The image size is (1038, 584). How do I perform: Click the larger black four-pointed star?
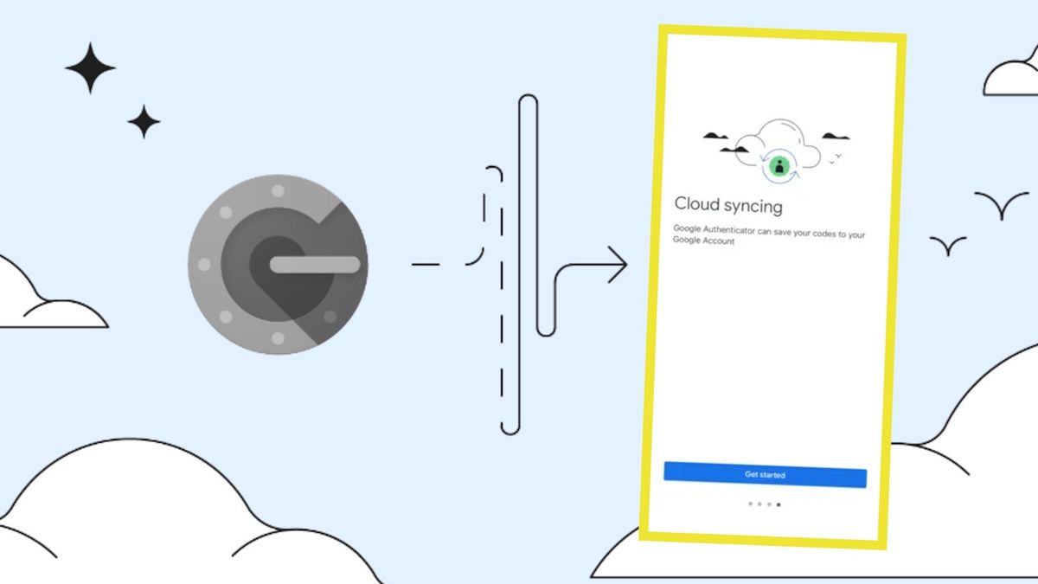tap(90, 68)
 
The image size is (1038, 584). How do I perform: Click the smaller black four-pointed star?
tap(144, 122)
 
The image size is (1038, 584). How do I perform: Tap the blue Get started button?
tap(765, 475)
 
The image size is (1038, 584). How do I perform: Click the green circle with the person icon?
tap(779, 166)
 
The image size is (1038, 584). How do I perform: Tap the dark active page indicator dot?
tap(778, 504)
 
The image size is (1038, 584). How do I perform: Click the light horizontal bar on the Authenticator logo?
tap(315, 265)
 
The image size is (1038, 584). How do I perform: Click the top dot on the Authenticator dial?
tap(278, 190)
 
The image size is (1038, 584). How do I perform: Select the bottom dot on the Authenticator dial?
tap(278, 338)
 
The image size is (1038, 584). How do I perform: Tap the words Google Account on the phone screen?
tap(703, 241)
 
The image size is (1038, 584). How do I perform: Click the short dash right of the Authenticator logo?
tap(426, 265)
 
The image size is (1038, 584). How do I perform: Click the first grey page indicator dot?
tap(750, 504)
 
